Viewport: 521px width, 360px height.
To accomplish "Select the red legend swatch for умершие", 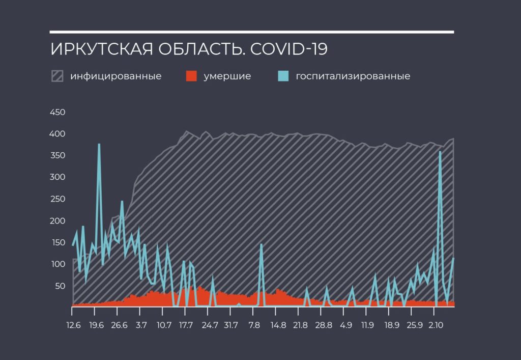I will (191, 76).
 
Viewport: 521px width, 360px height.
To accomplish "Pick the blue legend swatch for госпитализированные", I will (283, 76).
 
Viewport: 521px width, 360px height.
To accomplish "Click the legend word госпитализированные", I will (353, 76).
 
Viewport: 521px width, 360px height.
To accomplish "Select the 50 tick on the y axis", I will (60, 286).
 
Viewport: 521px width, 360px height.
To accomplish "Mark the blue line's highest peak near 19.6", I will (99, 145).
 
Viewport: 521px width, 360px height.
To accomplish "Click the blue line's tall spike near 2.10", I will (440, 152).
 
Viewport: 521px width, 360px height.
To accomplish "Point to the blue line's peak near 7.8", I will (262, 245).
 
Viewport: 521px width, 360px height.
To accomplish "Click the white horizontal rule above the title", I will (252, 32).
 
